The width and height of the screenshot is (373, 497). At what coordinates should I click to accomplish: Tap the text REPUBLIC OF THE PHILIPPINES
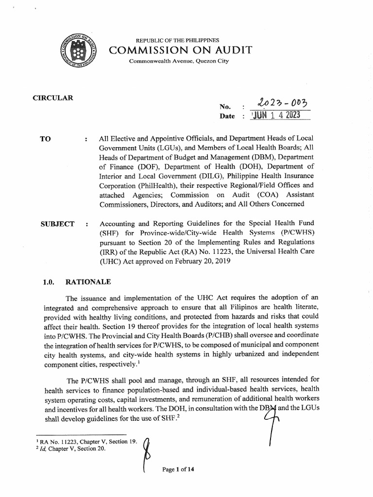pos(177,39)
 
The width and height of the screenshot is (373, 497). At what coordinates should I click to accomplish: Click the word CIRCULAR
pos(53,98)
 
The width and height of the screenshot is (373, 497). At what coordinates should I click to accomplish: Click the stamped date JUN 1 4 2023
pos(275,116)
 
